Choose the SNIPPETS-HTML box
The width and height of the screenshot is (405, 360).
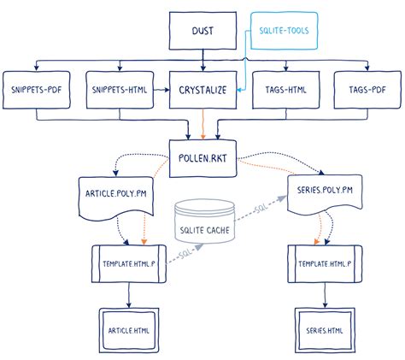[x=118, y=89]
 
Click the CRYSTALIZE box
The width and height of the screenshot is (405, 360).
[x=202, y=89]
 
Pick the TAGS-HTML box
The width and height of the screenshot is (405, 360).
[x=286, y=89]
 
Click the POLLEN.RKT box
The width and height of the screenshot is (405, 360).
[x=202, y=156]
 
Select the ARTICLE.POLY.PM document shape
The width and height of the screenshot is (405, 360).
[x=114, y=192]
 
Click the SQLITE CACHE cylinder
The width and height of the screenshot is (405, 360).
[x=204, y=225]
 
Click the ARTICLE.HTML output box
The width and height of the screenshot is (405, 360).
[x=126, y=328]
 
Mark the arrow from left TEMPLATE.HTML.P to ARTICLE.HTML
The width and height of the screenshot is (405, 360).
[x=126, y=295]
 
